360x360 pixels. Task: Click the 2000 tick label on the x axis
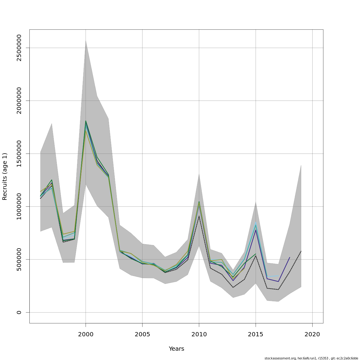[x=86, y=334]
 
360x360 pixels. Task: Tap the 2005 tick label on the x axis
[x=142, y=334]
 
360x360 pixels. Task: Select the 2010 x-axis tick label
[x=199, y=334]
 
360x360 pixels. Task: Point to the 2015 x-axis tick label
[x=256, y=334]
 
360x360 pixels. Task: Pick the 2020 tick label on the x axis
[x=312, y=334]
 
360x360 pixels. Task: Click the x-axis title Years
[x=176, y=349]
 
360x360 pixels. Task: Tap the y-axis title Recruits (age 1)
[x=5, y=176]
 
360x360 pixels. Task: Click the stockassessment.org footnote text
[x=311, y=358]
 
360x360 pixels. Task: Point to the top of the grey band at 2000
[x=86, y=40]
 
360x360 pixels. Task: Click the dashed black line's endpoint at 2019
[x=301, y=251]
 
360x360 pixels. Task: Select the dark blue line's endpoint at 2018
[x=289, y=257]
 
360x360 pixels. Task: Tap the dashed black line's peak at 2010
[x=199, y=216]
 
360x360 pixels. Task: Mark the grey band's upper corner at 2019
[x=301, y=165]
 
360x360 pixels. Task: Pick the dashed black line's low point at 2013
[x=233, y=287]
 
